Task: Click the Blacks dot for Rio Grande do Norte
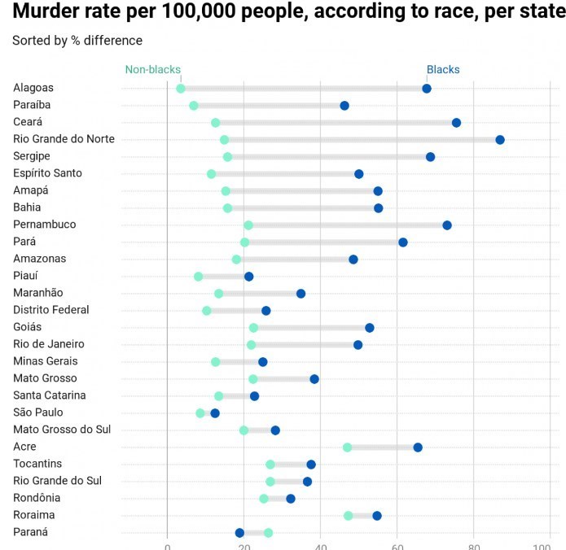(x=500, y=140)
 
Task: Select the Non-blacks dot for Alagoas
(x=181, y=89)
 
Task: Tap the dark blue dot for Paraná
(x=239, y=533)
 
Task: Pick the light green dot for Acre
(x=348, y=447)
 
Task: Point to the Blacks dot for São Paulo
(x=215, y=413)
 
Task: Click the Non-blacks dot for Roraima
(x=349, y=516)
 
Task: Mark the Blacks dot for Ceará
(x=456, y=123)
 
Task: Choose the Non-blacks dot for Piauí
(x=199, y=277)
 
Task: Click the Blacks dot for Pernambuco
(x=447, y=225)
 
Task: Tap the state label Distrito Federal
(x=51, y=310)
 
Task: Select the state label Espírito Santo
(x=47, y=173)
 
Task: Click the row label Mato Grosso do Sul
(x=62, y=430)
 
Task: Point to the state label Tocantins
(x=37, y=464)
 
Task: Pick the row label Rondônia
(x=37, y=498)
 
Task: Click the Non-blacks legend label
(x=152, y=70)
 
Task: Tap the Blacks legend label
(x=443, y=70)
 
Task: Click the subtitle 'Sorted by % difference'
(x=77, y=41)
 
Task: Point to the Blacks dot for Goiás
(x=370, y=328)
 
